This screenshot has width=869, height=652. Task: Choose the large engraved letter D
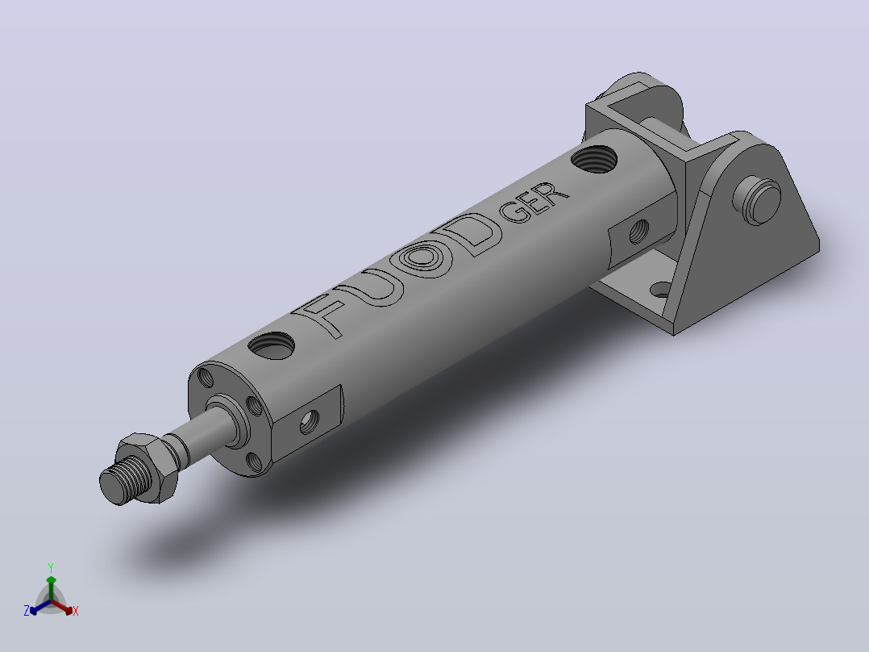469,234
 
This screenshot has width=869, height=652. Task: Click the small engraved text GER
533,203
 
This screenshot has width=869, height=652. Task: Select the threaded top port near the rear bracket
594,159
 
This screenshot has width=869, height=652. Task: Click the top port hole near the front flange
272,345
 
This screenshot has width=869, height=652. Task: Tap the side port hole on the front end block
310,423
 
